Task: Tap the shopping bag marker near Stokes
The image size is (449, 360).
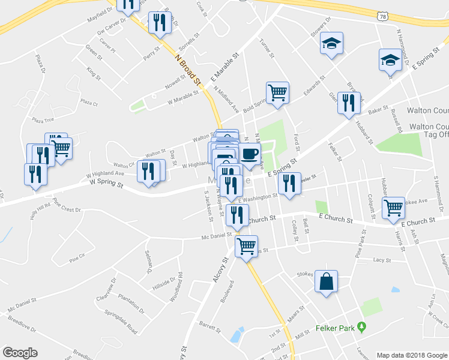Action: point(326,282)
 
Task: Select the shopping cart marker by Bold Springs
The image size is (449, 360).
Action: point(277,93)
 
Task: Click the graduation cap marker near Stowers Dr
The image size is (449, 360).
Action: point(331,44)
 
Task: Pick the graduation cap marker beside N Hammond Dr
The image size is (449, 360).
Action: point(390,60)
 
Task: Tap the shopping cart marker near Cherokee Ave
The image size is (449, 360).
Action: point(393,208)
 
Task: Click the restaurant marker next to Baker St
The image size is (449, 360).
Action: point(349,103)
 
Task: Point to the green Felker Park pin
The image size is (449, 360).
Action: point(361,327)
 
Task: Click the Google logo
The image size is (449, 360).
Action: point(20,353)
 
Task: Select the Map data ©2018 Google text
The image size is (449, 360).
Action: point(412,355)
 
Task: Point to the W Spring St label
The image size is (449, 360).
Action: point(106,183)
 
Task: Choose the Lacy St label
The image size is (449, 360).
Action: point(382,260)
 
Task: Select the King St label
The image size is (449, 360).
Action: point(92,73)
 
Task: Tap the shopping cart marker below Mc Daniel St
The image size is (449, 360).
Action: point(247,245)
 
